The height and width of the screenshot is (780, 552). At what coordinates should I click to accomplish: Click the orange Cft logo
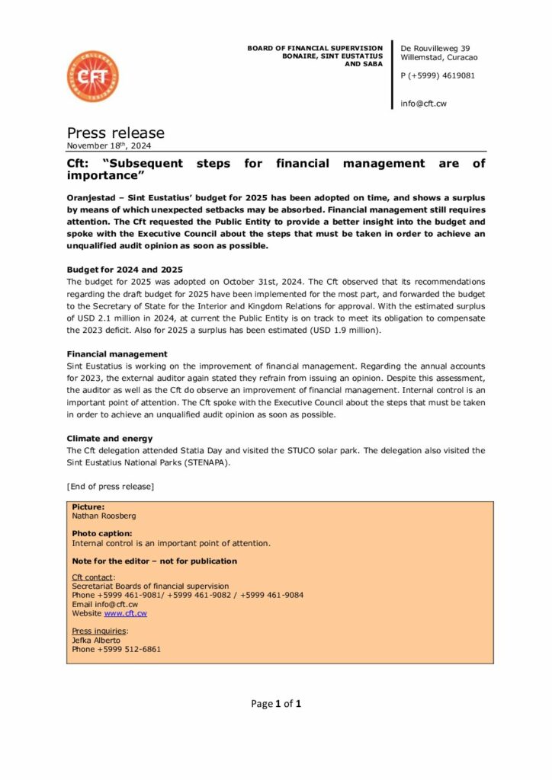(92, 76)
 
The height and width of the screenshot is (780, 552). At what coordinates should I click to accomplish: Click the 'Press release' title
(115, 133)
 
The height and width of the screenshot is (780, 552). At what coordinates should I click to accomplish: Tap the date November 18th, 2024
(114, 145)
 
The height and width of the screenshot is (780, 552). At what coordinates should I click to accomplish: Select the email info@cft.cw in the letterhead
(423, 104)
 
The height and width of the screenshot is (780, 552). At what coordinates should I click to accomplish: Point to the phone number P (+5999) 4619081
(438, 76)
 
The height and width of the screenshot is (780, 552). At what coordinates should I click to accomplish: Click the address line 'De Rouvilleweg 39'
(435, 48)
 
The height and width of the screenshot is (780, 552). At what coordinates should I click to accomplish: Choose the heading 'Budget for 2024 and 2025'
(124, 270)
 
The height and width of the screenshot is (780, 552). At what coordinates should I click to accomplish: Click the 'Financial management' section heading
(117, 354)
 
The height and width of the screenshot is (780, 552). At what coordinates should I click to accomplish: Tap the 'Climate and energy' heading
(110, 439)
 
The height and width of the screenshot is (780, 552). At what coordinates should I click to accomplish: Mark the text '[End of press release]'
(111, 486)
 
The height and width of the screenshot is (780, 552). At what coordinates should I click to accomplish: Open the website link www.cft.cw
(125, 613)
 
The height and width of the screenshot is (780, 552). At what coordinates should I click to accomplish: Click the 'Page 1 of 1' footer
(276, 704)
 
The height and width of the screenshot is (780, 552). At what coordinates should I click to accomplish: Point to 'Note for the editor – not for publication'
(154, 561)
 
